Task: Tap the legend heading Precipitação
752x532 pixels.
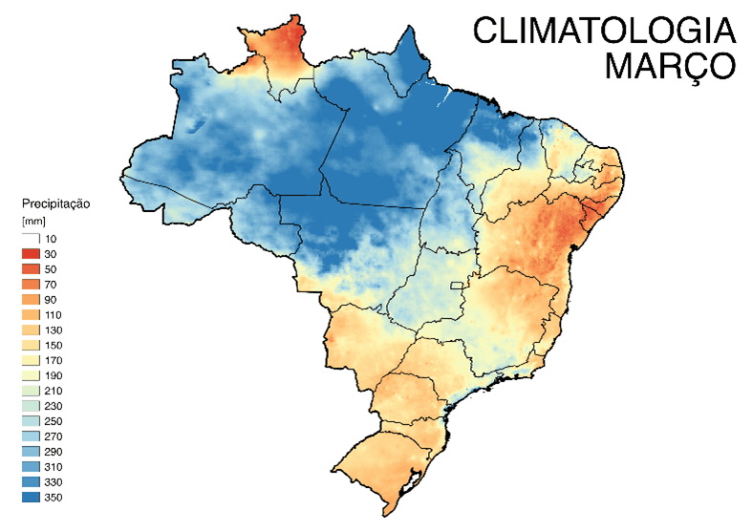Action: pos(54,203)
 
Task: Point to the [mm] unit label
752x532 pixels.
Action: pos(33,222)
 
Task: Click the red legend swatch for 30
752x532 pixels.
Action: pos(31,254)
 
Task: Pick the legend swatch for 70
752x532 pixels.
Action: pos(31,285)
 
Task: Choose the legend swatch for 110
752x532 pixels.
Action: pos(31,314)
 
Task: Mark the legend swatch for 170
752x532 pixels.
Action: pos(31,360)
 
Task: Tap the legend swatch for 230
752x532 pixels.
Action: pos(31,406)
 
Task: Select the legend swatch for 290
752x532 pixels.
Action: pos(31,451)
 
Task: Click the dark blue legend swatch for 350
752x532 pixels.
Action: pos(31,497)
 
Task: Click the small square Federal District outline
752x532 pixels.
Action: pos(457,286)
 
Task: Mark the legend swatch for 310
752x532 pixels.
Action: pos(31,466)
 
